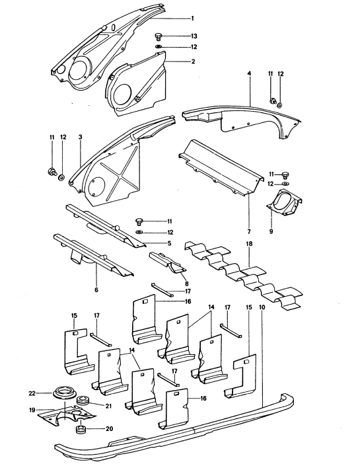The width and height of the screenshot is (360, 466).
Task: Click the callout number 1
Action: [x=192, y=18]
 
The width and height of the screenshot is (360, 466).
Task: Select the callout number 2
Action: [x=192, y=61]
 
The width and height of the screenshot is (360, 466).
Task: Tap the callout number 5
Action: [x=168, y=243]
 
